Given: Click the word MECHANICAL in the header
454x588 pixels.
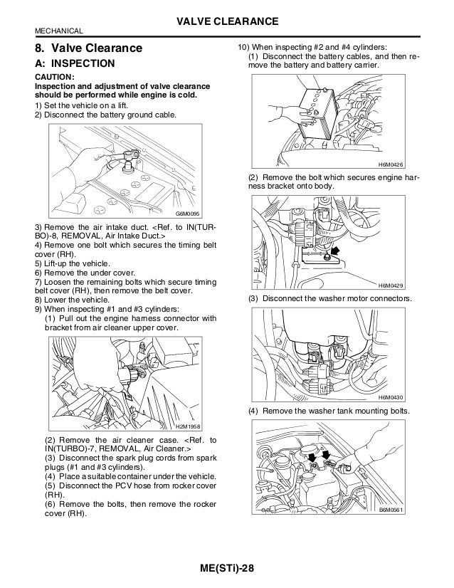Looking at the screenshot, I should (59, 31).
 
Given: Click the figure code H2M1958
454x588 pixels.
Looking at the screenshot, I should (189, 426).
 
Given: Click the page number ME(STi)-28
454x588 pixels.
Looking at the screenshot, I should (227, 567).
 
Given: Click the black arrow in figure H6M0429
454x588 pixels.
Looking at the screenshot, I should (332, 251).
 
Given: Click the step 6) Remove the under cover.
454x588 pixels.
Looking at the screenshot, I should (77, 272).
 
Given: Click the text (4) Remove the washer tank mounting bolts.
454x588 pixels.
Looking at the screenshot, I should (329, 411).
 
